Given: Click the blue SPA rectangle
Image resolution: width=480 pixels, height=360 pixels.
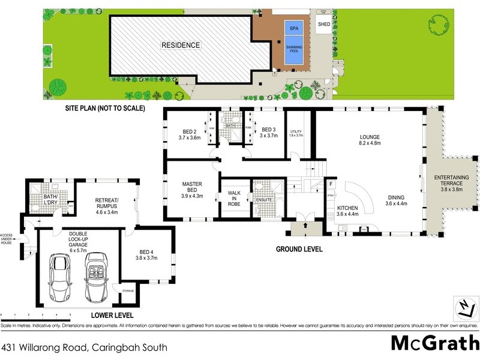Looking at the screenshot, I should coord(294,28).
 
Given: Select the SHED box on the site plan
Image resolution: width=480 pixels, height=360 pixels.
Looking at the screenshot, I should coord(324,24).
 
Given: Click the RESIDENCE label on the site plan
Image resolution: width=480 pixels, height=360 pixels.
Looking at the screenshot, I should coord(180,45).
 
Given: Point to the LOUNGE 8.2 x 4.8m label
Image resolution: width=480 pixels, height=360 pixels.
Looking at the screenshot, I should coord(370,140).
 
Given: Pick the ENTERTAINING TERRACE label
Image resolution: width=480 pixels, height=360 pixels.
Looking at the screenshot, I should coord(452,182).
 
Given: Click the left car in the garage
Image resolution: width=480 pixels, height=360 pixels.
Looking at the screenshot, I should coord(58,277).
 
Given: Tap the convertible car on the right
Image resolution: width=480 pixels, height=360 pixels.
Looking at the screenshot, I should coord(96,277).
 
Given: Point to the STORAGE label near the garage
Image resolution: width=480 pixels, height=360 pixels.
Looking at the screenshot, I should coord(128,291).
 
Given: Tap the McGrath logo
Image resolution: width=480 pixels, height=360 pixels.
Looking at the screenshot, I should coord(434,343).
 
